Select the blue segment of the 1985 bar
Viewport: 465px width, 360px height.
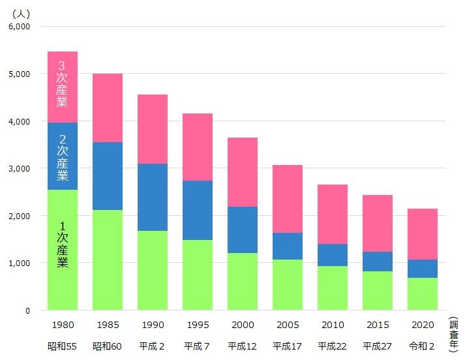click(x=108, y=176)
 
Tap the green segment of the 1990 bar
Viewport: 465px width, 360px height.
click(x=153, y=270)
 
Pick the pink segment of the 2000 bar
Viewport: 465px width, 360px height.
click(x=243, y=172)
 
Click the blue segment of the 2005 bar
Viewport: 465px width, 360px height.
click(x=288, y=246)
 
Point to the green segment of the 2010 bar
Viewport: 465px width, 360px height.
click(x=333, y=288)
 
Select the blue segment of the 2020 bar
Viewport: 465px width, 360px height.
click(x=423, y=269)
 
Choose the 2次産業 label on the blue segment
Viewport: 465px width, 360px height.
click(x=63, y=158)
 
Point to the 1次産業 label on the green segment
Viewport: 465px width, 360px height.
click(x=63, y=244)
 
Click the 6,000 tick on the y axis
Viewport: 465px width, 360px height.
click(x=19, y=27)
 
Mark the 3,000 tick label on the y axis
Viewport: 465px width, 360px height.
click(x=19, y=168)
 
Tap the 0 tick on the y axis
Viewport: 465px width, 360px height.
click(x=27, y=310)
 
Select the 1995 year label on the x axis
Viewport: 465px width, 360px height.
click(x=198, y=324)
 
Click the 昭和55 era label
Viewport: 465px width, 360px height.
click(x=63, y=345)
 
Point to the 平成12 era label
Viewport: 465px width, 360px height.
click(x=243, y=345)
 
